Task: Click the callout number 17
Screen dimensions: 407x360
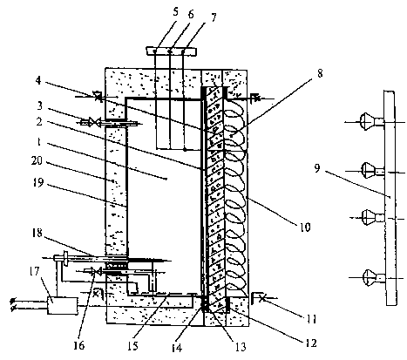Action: (x=34, y=272)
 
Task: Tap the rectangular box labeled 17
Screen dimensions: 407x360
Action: (x=63, y=306)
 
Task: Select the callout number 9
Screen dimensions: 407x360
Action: (x=317, y=168)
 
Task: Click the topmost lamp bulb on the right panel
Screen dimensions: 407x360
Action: (x=368, y=121)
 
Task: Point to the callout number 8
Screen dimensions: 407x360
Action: (x=320, y=73)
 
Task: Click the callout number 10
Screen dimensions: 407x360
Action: (x=305, y=227)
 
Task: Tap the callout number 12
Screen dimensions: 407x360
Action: (x=310, y=343)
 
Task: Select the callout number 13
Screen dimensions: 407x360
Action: (x=241, y=347)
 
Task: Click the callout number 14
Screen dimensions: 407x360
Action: (x=177, y=347)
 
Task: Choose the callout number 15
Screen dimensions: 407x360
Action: (x=132, y=346)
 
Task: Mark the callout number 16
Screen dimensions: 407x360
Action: (x=79, y=345)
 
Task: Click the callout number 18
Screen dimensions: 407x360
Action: (x=37, y=233)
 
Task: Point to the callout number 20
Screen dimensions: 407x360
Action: (x=37, y=160)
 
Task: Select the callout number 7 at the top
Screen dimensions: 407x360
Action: (x=214, y=17)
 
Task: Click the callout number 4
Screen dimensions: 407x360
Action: (x=38, y=80)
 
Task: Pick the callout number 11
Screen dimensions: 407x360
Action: (x=310, y=319)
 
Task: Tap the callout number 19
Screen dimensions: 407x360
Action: (x=38, y=182)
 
